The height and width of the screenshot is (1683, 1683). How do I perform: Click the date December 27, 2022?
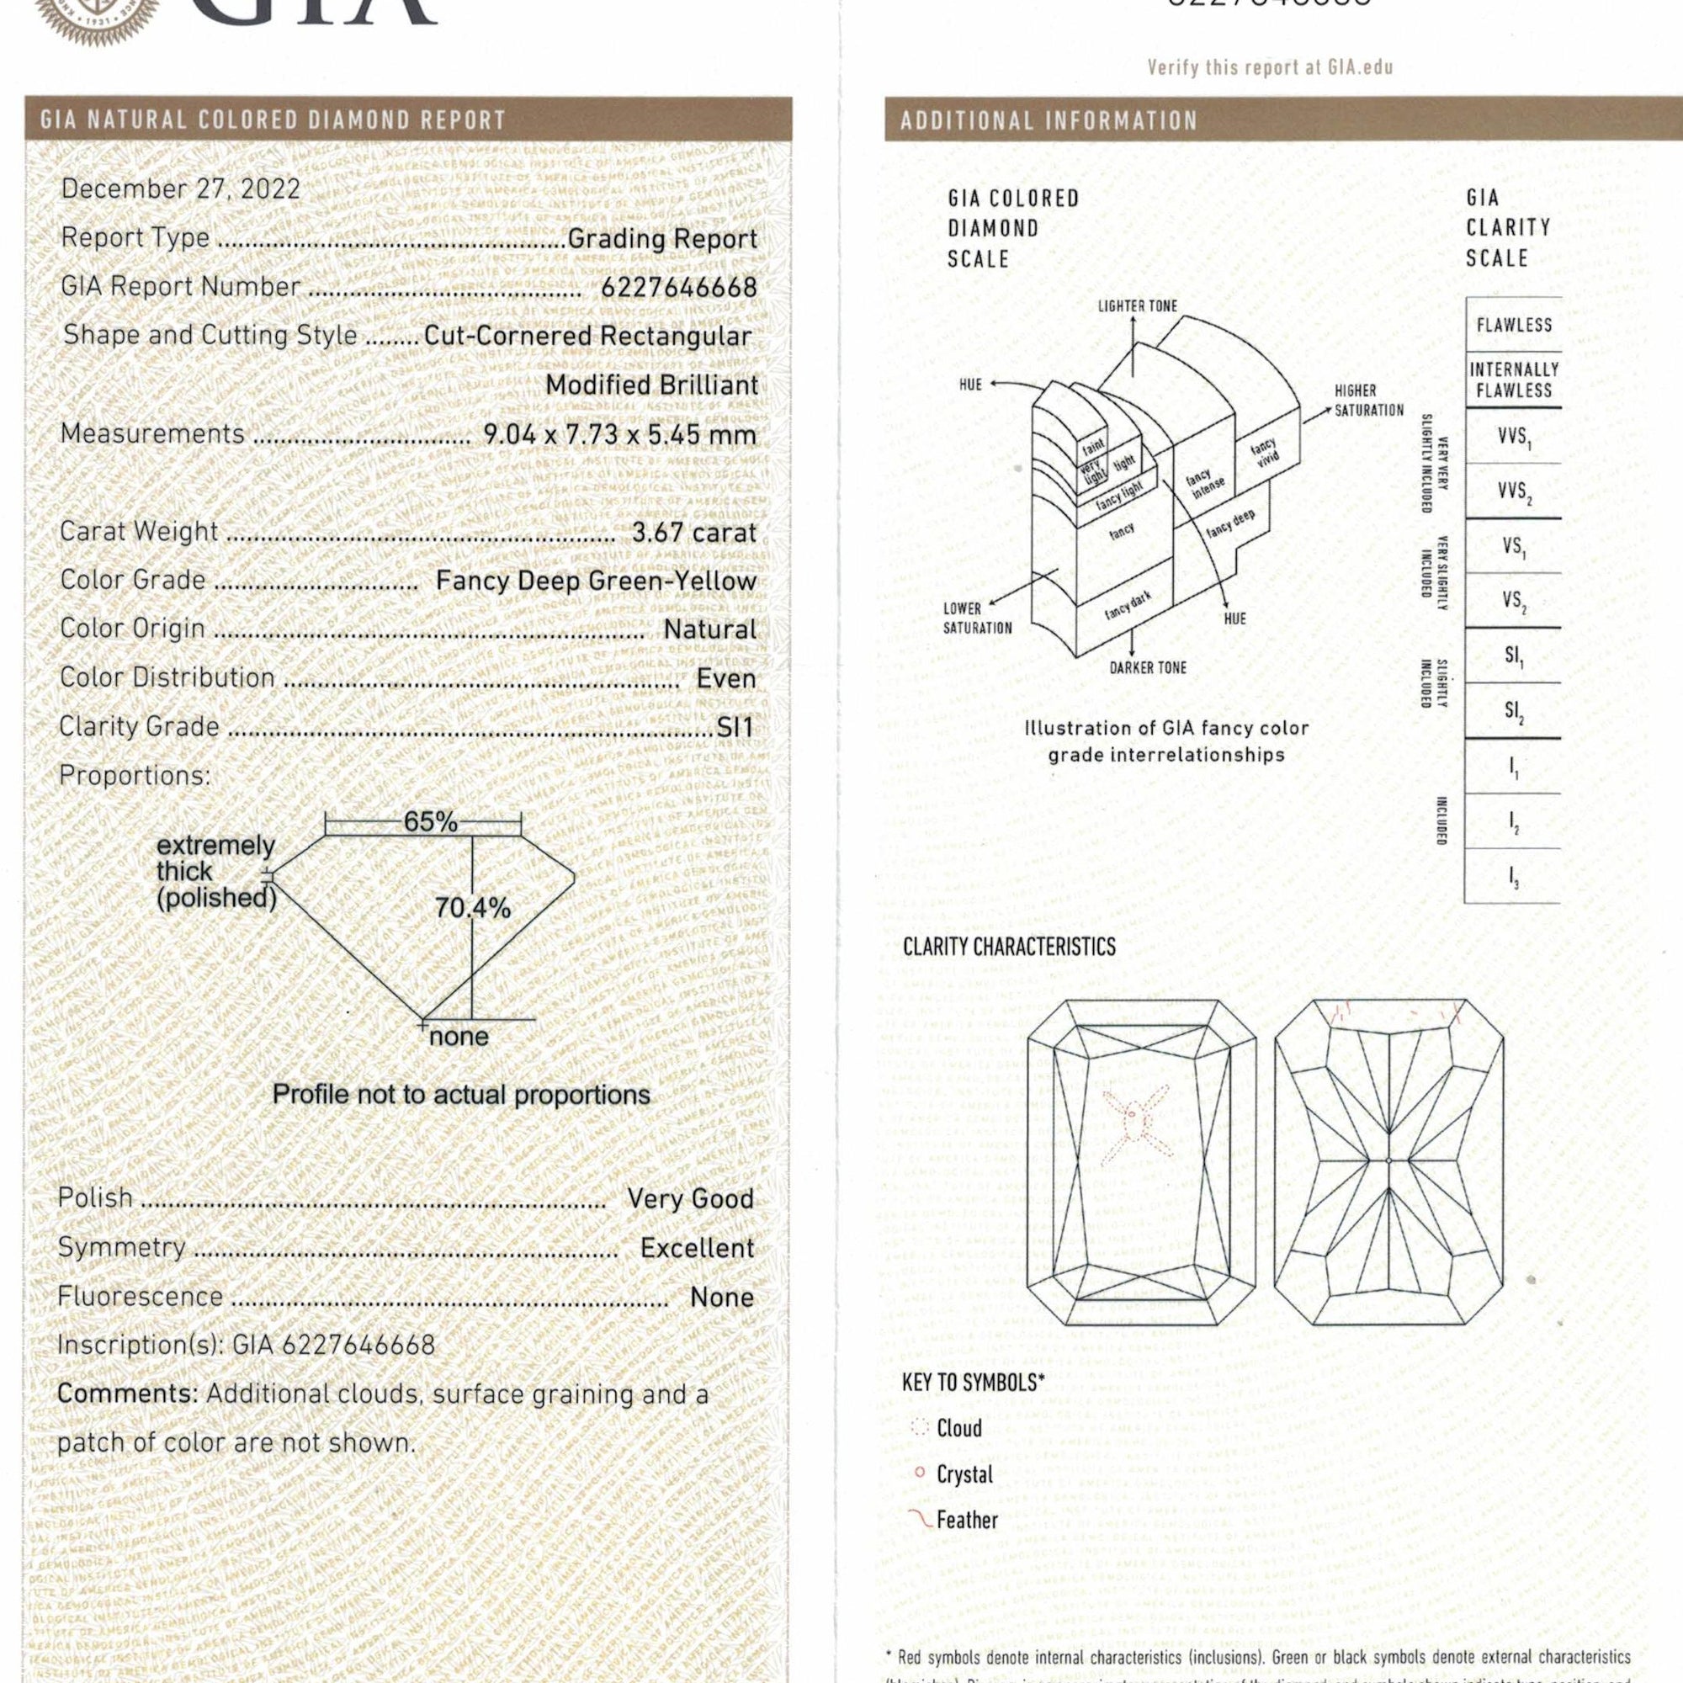pos(180,189)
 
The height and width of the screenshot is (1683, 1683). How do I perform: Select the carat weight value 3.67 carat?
pos(693,533)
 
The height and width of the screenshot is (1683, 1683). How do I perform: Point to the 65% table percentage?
pos(429,821)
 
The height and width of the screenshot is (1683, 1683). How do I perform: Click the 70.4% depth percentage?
pos(473,909)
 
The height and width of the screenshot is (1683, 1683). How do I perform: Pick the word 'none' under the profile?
pos(459,1037)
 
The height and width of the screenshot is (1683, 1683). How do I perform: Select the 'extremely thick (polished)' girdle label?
pos(215,871)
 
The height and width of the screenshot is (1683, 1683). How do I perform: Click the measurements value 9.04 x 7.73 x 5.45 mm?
pos(619,434)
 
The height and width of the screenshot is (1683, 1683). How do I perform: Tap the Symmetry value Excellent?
pos(697,1247)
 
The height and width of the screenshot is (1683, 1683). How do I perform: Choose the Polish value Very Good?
pos(690,1198)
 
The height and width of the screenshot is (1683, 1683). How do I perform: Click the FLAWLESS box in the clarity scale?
pos(1514,325)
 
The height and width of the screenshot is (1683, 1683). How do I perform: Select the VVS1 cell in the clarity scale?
pos(1514,438)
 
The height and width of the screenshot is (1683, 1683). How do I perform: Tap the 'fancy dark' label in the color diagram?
pos(1128,603)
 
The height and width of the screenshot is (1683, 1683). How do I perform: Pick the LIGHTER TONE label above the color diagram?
pos(1137,305)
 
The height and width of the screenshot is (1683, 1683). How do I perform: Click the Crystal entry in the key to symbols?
pos(964,1475)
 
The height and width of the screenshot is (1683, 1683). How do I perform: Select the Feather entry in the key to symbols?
pos(966,1520)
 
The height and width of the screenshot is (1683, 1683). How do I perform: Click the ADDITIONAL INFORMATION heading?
pos(1049,120)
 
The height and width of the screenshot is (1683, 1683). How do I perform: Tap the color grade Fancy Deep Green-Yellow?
pos(596,581)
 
